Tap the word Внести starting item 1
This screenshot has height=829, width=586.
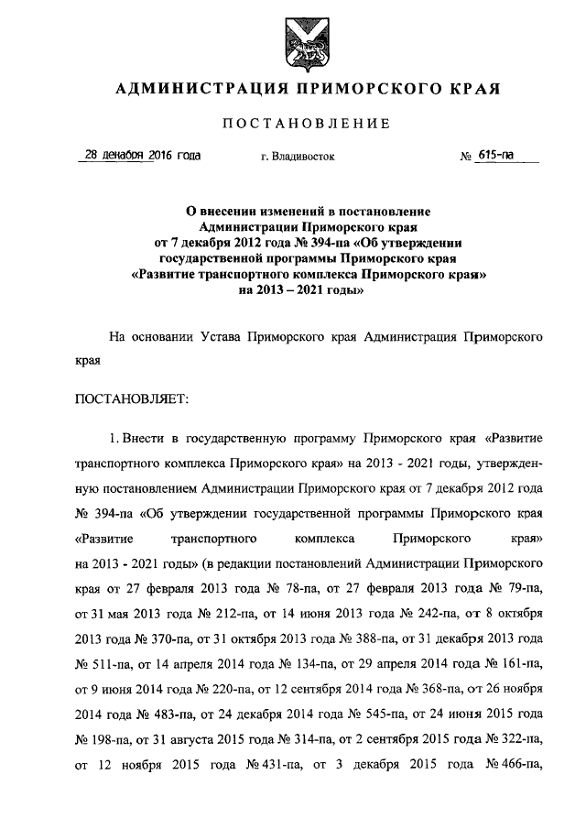tap(144, 437)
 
